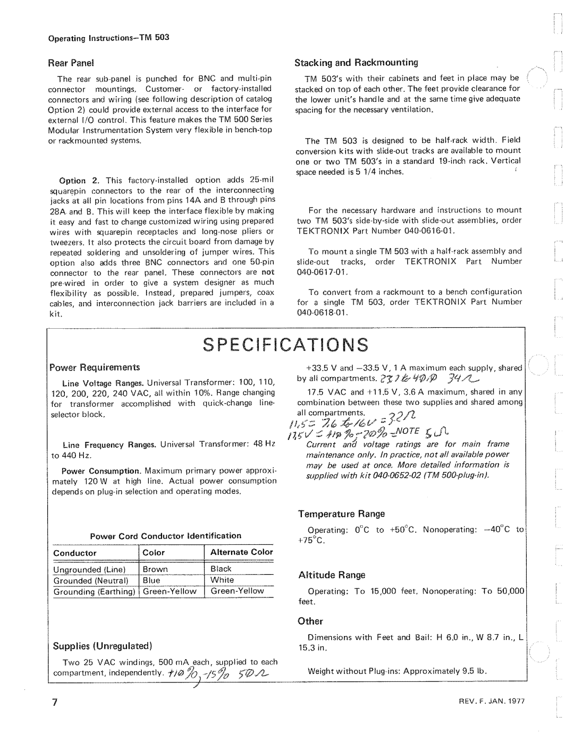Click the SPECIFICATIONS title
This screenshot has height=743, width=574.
(287, 345)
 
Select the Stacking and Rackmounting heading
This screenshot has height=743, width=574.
(357, 63)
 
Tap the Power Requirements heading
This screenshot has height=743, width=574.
(95, 367)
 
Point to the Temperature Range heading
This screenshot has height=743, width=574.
(341, 514)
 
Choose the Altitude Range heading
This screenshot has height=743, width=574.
(332, 575)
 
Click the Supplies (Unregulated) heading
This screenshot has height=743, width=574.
(103, 646)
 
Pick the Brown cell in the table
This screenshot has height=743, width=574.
(155, 569)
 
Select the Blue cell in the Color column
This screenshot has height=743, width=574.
(151, 580)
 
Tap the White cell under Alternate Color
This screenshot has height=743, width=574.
(222, 580)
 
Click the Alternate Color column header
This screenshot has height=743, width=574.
(241, 552)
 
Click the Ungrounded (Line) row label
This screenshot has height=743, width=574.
(88, 569)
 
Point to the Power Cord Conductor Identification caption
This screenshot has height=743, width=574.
(166, 535)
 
